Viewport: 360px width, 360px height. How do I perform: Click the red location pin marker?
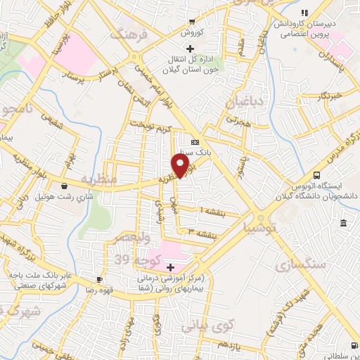[181, 166]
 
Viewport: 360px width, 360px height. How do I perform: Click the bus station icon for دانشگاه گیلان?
[317, 175]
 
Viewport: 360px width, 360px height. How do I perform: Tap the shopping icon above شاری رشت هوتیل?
[65, 186]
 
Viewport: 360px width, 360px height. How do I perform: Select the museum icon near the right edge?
[342, 224]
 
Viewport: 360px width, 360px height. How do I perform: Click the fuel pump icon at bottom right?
[354, 345]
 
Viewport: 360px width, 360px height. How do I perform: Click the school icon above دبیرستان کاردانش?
[304, 13]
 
